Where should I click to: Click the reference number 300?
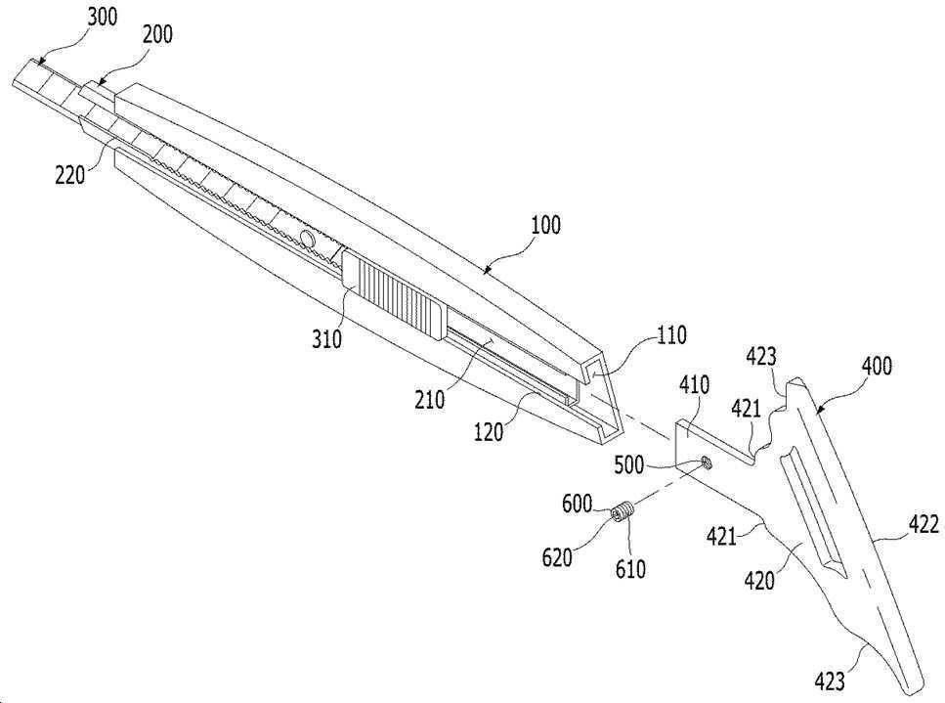pos(103,18)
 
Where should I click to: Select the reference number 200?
pos(157,35)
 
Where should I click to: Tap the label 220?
pos(70,175)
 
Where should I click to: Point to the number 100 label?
pos(545,225)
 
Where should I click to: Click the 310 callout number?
pos(326,339)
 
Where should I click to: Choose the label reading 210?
pos(429,399)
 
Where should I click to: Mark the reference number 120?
pos(489,432)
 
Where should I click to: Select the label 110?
pos(671,335)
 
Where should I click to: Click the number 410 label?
pos(694,384)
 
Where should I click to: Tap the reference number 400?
pos(877,366)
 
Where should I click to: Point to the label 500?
pos(629,465)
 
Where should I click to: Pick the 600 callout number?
pos(578,504)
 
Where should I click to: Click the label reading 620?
pos(557,557)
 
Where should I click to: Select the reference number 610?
pos(630,568)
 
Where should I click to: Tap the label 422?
pos(924,524)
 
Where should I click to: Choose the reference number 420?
pos(759,581)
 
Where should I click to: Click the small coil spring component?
pos(623,512)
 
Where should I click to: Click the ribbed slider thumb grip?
pos(395,292)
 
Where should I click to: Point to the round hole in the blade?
pos(308,240)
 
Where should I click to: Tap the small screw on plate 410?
pos(706,463)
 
